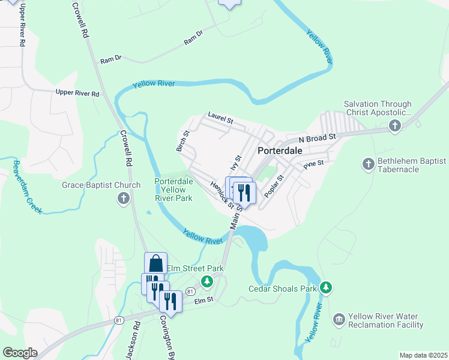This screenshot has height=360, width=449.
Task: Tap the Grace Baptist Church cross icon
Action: point(124,198)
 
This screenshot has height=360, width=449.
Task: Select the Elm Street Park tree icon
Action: point(207,281)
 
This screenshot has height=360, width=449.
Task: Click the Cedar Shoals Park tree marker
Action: point(326,288)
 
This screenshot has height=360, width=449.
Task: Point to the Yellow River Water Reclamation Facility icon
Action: point(339,317)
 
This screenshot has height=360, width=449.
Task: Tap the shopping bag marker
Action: point(155,263)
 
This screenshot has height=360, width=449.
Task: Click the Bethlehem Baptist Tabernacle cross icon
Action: point(368,164)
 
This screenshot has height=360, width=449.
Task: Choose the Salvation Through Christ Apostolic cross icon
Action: point(394,125)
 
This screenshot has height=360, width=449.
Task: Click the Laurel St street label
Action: point(220,116)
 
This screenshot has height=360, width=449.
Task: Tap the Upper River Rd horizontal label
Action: point(77,93)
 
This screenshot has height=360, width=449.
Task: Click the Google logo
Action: point(20,353)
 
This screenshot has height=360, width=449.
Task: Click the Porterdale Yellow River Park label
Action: point(173,189)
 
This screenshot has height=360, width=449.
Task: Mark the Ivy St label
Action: point(235,163)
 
